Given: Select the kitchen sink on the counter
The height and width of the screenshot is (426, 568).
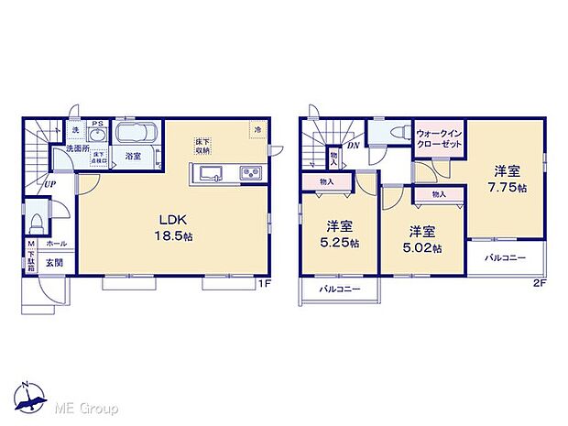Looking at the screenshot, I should (209, 174).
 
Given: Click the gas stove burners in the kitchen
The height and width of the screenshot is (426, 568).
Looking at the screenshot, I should (250, 174).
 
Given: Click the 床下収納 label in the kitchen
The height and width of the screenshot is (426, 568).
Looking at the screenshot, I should (202, 146).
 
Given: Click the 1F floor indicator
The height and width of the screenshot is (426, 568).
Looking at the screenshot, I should (264, 283).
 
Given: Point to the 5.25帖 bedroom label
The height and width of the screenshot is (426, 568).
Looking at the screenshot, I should (339, 235).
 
